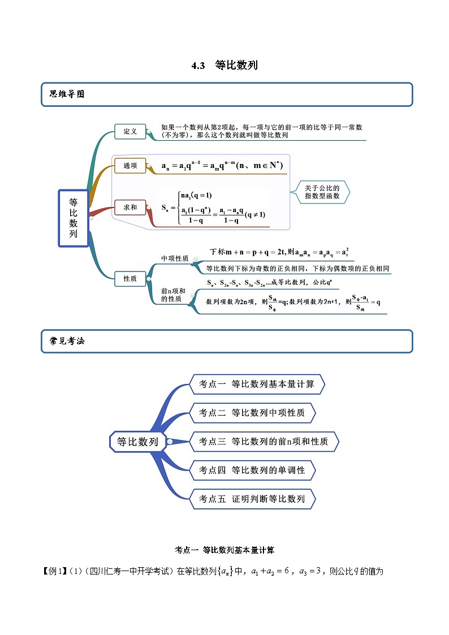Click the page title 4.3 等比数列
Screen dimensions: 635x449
point(225,65)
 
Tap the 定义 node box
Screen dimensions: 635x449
point(130,131)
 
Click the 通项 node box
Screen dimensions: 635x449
point(130,166)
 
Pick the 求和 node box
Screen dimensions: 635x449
point(130,208)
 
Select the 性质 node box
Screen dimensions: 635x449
point(130,278)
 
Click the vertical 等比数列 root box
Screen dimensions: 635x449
point(74,218)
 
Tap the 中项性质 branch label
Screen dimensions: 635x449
point(175,258)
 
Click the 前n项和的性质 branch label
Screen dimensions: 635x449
point(174,295)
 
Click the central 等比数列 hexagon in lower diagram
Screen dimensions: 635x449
point(137,442)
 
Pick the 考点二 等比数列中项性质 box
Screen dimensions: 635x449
point(252,413)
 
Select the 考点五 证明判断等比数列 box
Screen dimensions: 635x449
point(252,499)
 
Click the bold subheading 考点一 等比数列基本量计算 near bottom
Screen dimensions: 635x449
point(225,549)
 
